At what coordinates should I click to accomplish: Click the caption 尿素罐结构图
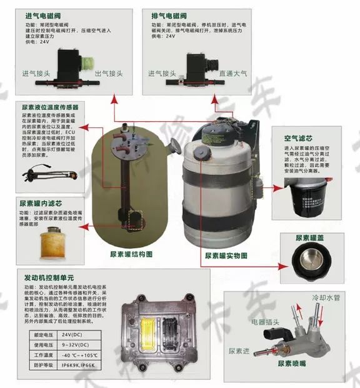131,254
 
